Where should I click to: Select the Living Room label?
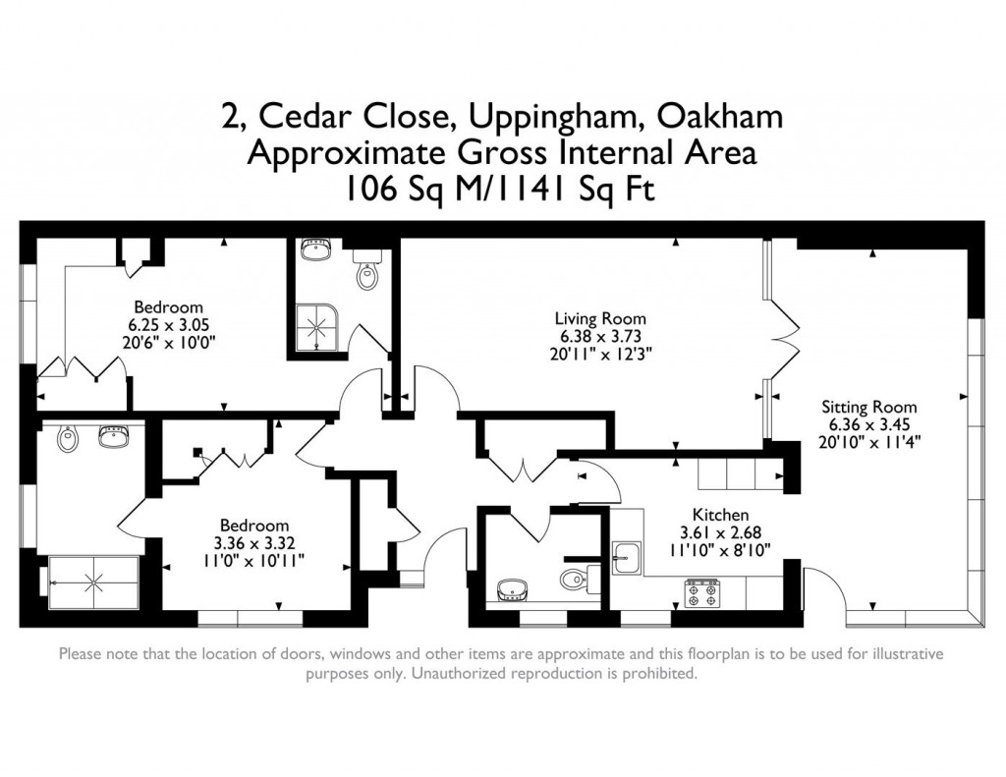(600, 318)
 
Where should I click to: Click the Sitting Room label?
(868, 407)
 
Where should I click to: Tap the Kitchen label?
(720, 515)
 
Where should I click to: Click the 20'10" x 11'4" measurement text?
(868, 442)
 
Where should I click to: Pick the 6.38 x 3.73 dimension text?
(600, 336)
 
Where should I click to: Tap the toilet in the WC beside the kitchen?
(575, 580)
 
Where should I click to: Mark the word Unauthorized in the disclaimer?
(469, 674)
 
